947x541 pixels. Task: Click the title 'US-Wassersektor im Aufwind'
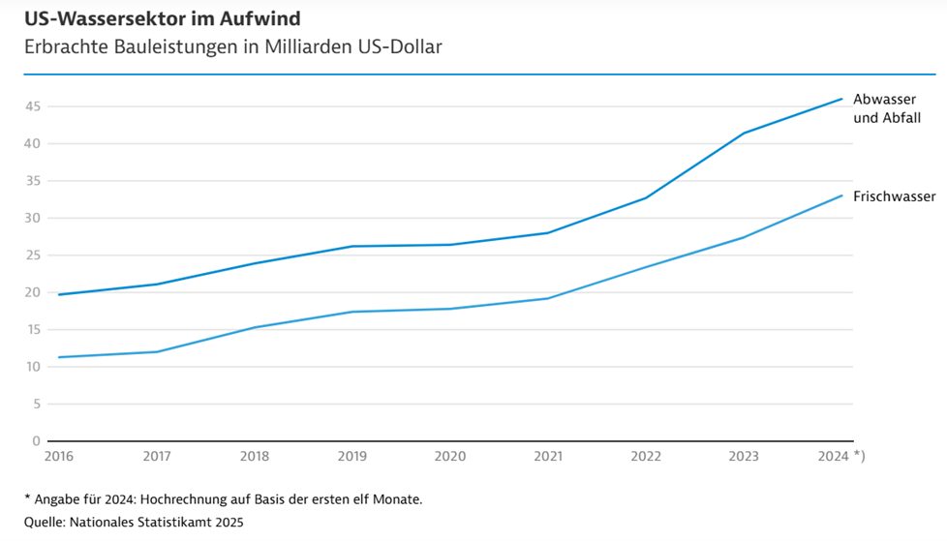tap(162, 17)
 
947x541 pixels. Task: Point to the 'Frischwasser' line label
tap(894, 196)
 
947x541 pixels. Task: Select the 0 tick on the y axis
tap(36, 441)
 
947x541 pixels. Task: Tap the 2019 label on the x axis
tap(351, 454)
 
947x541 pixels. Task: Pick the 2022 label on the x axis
tap(646, 454)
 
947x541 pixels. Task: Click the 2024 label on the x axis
tap(834, 454)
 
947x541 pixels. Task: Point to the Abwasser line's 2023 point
tap(744, 133)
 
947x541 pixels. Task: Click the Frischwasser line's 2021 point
tap(548, 298)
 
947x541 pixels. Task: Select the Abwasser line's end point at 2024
tap(841, 99)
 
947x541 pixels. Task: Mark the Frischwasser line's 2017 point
tap(157, 351)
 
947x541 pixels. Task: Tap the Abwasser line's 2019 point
tap(352, 246)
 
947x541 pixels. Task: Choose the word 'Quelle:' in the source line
tap(46, 523)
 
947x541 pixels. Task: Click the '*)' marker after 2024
tap(858, 454)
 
